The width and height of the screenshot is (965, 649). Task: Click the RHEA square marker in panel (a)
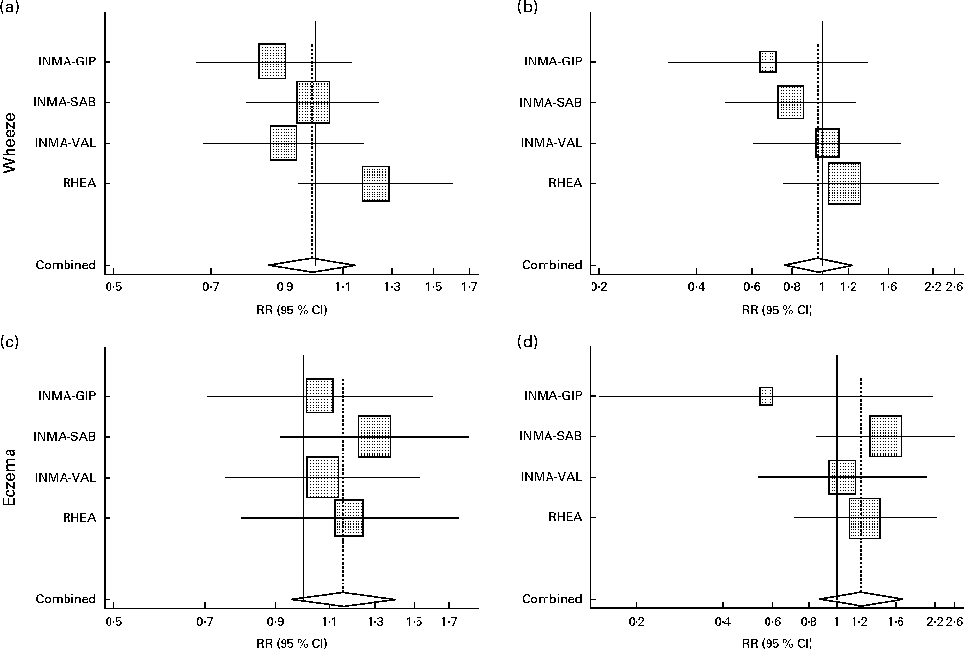point(375,184)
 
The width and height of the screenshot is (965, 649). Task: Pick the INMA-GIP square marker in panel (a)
point(273,62)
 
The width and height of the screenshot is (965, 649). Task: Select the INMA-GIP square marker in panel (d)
point(766,396)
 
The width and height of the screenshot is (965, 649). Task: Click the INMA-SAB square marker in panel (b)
point(791,102)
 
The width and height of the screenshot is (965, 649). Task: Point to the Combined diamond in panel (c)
point(343,598)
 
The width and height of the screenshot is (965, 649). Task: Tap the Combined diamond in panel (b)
point(819,265)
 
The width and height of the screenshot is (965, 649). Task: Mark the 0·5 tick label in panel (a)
point(113,287)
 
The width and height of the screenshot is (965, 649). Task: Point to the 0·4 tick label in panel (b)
point(697,287)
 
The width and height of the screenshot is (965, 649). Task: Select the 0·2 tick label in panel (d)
point(636,622)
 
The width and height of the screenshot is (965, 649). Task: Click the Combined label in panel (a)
point(66,265)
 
